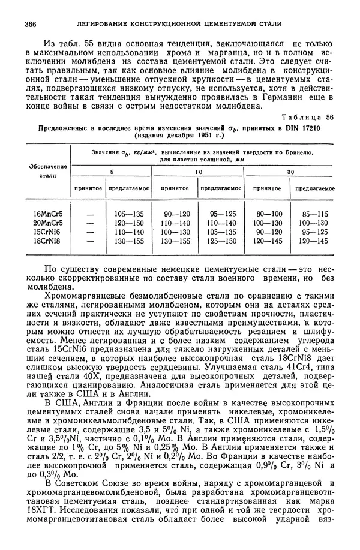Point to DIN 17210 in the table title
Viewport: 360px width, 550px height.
302,128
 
